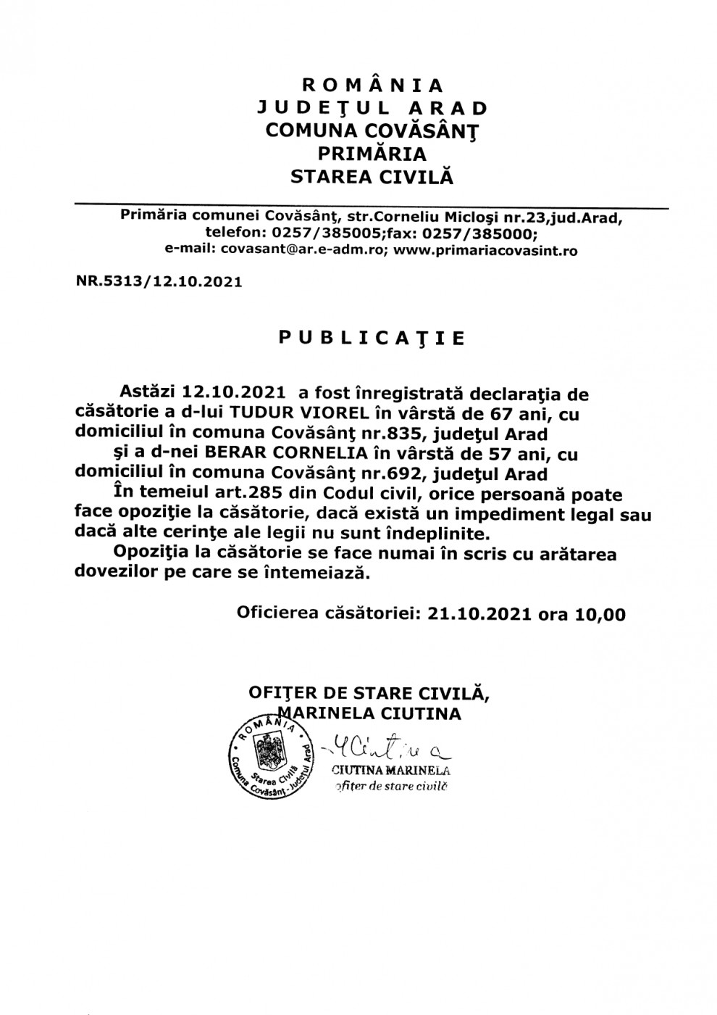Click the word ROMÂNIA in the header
pos(373,86)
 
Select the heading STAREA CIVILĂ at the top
pos(372,176)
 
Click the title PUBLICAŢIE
pos(372,339)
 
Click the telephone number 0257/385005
pos(322,233)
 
